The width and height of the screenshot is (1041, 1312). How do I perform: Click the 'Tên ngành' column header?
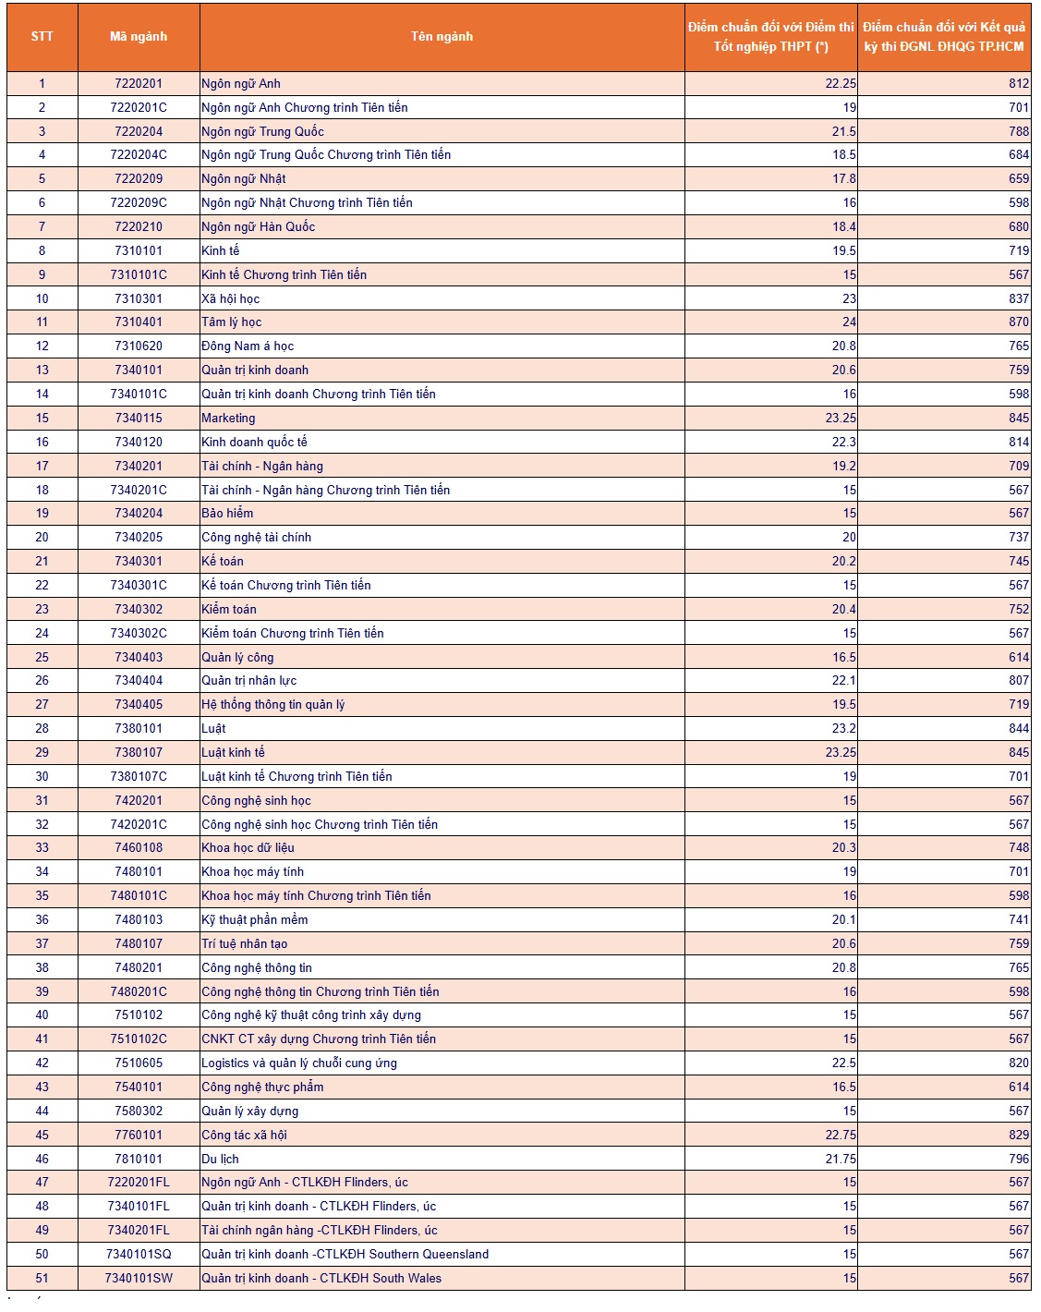tap(442, 37)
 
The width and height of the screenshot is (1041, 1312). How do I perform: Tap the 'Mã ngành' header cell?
tap(139, 37)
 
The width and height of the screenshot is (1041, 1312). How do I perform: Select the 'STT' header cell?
tap(42, 37)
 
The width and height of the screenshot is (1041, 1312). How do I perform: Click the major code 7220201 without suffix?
tap(139, 83)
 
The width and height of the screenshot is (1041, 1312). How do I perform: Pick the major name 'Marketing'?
tap(228, 418)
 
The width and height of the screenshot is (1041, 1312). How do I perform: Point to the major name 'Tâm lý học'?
tap(231, 322)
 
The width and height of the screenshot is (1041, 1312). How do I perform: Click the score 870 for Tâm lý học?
tap(1019, 322)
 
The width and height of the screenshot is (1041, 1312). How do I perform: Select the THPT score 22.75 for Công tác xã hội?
tap(841, 1135)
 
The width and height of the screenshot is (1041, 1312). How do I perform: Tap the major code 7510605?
tap(139, 1063)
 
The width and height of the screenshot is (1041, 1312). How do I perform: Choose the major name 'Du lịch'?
tap(220, 1159)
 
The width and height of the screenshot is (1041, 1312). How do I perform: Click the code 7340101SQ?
tap(139, 1254)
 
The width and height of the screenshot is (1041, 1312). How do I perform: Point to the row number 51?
tap(42, 1278)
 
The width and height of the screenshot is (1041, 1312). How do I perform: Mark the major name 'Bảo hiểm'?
tap(227, 513)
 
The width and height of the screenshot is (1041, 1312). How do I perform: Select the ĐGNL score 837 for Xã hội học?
tap(1019, 298)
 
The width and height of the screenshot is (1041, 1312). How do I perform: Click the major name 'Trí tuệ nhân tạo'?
tap(244, 943)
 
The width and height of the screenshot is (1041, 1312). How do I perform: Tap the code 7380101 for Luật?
tap(139, 728)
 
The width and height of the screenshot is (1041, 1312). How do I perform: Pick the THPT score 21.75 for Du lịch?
tap(841, 1159)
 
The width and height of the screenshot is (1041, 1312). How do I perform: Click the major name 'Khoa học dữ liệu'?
tap(248, 847)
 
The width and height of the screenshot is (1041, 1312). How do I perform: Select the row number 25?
tap(42, 657)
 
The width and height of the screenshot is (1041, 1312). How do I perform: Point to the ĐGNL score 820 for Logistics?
tap(1019, 1063)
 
